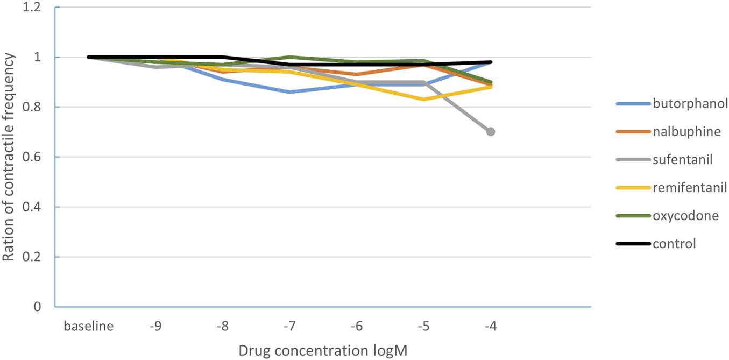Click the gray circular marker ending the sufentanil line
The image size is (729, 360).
491,132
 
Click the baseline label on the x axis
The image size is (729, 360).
89,326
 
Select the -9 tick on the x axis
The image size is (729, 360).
155,326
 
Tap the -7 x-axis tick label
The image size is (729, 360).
290,326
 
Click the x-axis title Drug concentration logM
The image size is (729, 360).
323,350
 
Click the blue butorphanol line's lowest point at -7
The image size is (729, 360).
290,92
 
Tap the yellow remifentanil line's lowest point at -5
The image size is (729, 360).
424,100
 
